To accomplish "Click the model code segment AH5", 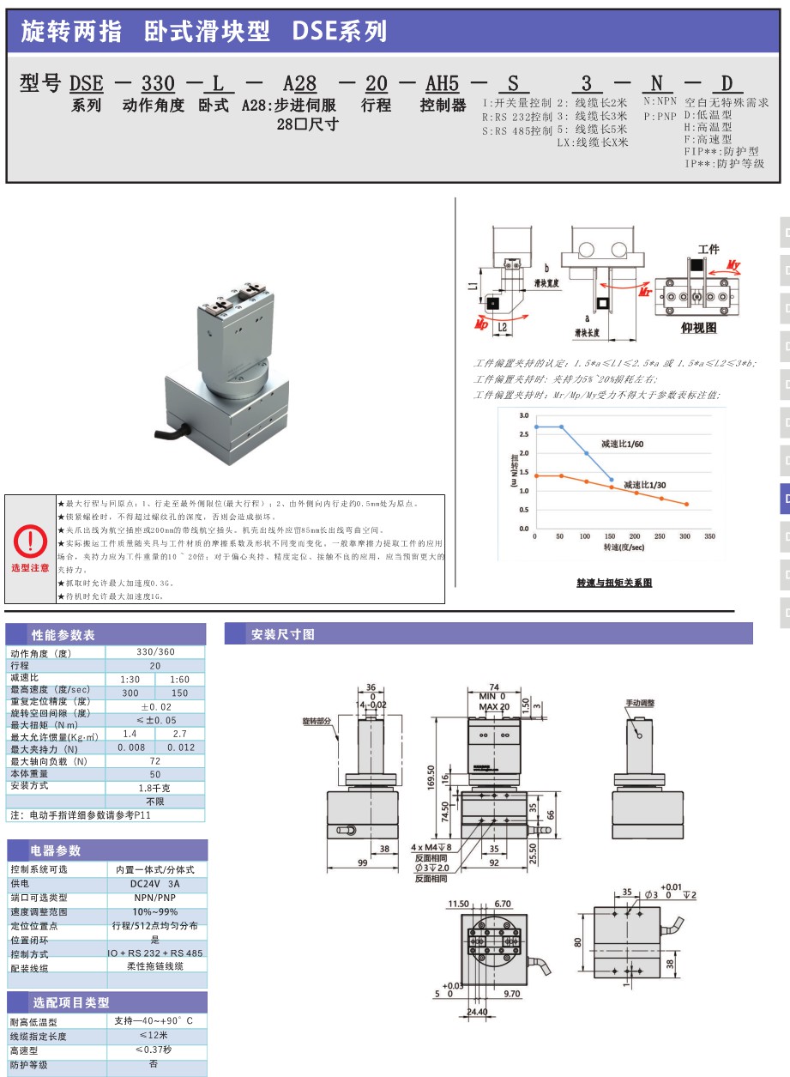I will tap(443, 83).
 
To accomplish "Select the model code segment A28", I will tap(300, 83).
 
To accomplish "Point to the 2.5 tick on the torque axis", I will tap(523, 433).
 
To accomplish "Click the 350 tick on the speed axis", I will tap(709, 536).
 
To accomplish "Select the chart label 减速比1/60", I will tap(621, 445).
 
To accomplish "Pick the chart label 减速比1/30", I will tap(645, 485).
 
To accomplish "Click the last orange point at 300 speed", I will tap(686, 505).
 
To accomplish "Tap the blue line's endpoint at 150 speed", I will tap(611, 480).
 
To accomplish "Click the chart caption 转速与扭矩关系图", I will tap(614, 583).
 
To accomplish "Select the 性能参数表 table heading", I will tap(63, 635).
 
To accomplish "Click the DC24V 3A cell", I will tap(155, 883).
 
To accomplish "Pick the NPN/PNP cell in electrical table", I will tap(155, 898).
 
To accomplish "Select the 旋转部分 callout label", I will tap(317, 721).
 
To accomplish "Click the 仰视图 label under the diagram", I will tap(698, 328).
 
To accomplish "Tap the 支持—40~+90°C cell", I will tap(154, 1021).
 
